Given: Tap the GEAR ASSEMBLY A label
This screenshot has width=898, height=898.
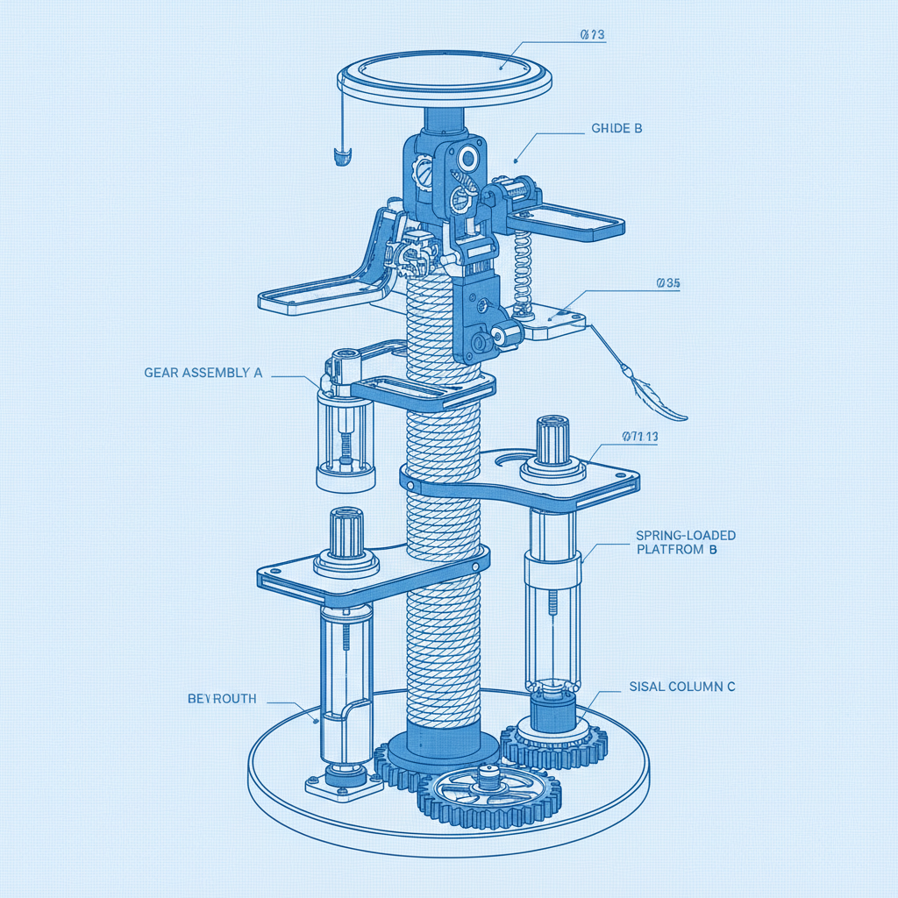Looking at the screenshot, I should [203, 373].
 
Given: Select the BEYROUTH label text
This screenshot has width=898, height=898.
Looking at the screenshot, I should [222, 699].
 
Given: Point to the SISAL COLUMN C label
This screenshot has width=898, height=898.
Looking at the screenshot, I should [682, 688].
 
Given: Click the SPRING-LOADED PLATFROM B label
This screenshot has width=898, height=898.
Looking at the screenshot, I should [685, 542].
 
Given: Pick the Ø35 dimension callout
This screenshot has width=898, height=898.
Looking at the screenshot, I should [668, 283].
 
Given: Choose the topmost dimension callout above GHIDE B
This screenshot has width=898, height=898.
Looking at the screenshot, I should [593, 35].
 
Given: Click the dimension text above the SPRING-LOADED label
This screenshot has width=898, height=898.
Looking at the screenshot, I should [639, 436].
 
